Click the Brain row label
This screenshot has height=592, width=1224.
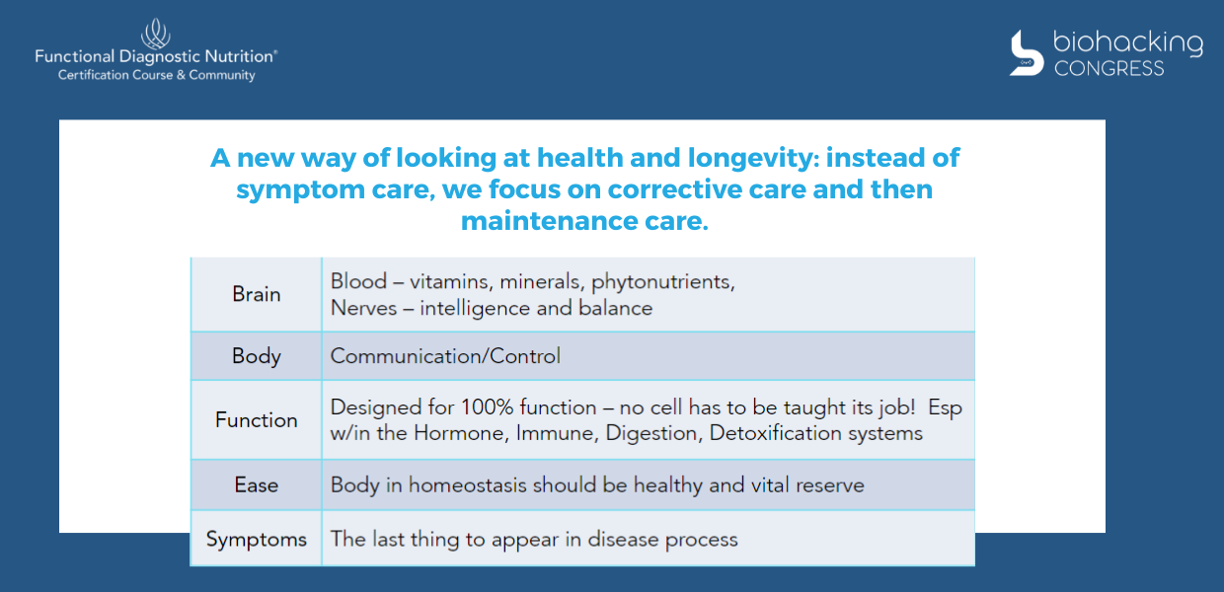[257, 294]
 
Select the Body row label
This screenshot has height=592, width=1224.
[257, 356]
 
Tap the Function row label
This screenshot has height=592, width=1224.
[257, 420]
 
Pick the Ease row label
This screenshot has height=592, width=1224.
[257, 485]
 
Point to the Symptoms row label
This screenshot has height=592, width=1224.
[257, 540]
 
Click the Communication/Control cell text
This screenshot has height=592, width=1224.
[445, 356]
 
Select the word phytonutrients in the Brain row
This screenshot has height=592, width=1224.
[662, 282]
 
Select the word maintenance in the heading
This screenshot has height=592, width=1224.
[548, 221]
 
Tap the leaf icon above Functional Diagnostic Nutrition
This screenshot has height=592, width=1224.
[156, 34]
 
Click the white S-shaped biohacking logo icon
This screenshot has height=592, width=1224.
[1027, 53]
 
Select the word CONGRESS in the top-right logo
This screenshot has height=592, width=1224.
[1109, 69]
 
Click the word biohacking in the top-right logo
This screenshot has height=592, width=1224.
[1128, 43]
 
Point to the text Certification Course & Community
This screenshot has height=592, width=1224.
[156, 75]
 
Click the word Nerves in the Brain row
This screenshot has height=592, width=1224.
[363, 308]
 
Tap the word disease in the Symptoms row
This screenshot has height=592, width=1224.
[623, 540]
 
